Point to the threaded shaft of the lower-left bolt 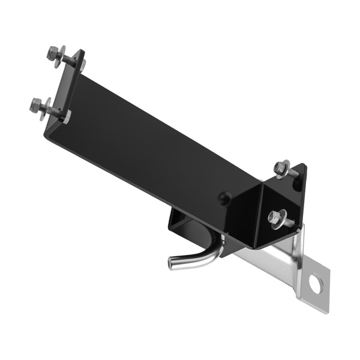53,112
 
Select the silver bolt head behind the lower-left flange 67,116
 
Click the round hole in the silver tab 314,282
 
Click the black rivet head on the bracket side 223,196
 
